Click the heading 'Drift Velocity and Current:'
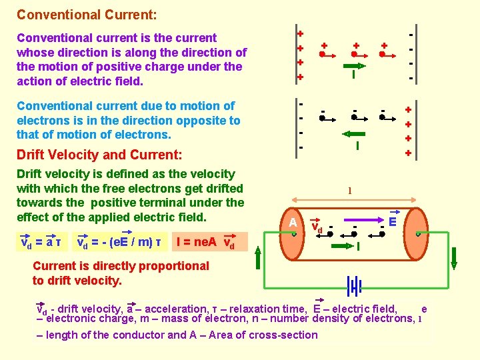click(x=99, y=155)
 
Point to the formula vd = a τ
click(x=39, y=241)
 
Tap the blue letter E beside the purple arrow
click(x=393, y=218)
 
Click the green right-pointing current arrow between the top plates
click(x=354, y=66)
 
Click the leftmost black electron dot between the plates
click(x=322, y=118)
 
